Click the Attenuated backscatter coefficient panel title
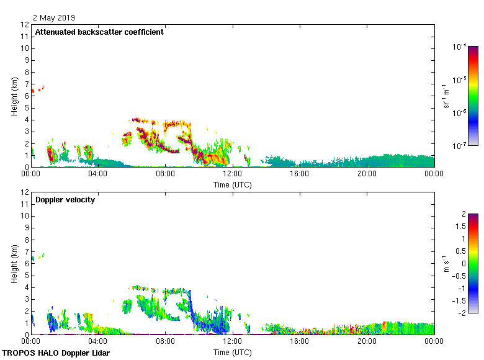click(99, 32)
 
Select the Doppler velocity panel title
click(65, 200)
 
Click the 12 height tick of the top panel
click(25, 25)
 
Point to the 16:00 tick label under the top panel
click(300, 174)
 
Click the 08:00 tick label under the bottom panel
click(165, 341)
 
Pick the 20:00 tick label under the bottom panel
click(367, 341)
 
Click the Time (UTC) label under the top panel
click(232, 184)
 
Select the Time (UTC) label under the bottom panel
click(232, 352)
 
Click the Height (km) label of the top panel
click(13, 96)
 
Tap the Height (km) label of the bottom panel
click(13, 264)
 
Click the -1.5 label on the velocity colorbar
click(461, 300)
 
